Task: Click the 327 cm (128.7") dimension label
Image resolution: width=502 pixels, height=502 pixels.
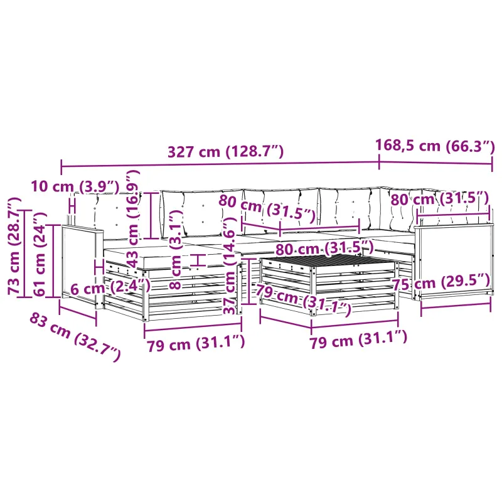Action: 226,151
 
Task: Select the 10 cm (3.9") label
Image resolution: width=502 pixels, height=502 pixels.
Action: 75,186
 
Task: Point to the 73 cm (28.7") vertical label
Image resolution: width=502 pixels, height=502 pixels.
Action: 14,246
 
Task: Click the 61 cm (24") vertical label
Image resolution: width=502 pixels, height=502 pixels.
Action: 40,254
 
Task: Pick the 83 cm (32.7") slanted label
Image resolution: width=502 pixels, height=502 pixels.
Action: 75,338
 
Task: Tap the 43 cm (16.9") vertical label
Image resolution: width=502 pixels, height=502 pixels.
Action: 132,218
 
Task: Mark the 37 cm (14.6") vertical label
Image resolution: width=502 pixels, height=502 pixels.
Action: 230,265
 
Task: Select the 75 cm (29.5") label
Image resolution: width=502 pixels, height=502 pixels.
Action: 441,282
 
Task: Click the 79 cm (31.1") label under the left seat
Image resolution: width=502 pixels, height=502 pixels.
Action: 196,343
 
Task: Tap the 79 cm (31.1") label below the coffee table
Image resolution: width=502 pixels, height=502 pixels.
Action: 358,339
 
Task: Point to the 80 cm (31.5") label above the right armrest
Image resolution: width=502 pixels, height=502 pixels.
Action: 440,198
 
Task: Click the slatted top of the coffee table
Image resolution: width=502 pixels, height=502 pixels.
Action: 330,260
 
